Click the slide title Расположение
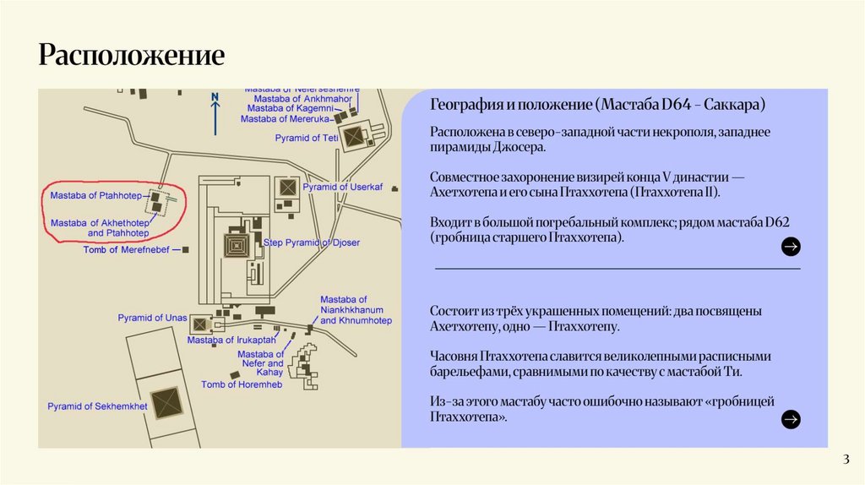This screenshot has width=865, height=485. (131, 56)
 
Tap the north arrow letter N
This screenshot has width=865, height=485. (215, 97)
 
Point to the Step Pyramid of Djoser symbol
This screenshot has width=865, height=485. (236, 246)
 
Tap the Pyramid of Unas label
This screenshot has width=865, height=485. (152, 318)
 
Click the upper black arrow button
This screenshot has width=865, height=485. (791, 247)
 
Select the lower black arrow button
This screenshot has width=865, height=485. (791, 418)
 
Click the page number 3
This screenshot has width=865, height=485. (845, 460)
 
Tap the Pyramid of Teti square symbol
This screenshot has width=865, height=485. (353, 134)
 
